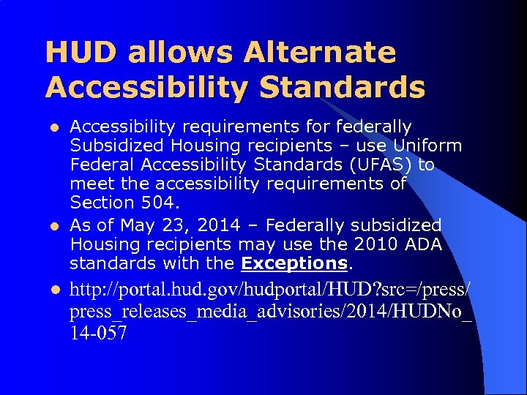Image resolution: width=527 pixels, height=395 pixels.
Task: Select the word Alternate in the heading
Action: click(320, 53)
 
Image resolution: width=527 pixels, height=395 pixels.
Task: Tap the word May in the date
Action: click(137, 225)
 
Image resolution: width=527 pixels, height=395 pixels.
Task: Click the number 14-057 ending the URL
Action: click(99, 334)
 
